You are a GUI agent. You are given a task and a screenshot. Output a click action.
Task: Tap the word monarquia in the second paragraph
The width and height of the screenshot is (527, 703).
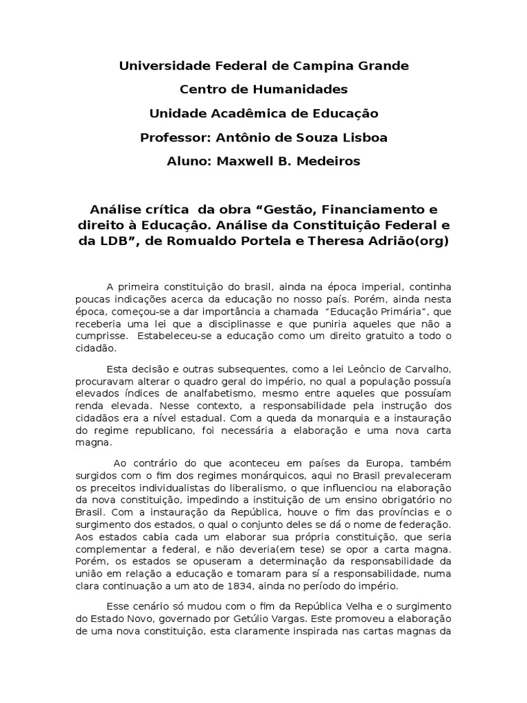click(326, 419)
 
